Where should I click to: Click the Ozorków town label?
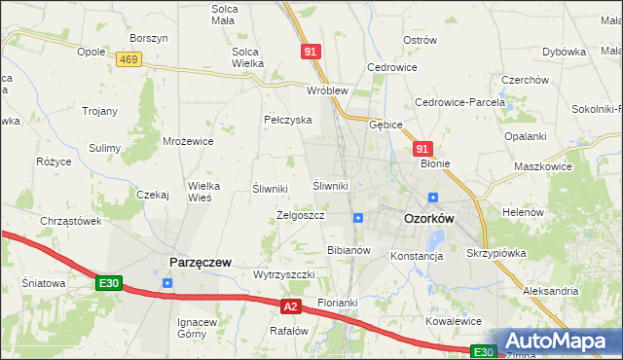(429, 219)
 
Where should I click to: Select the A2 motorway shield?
(290, 306)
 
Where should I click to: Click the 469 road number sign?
(128, 59)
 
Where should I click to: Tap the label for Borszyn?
(149, 38)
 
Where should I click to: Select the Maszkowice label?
(542, 166)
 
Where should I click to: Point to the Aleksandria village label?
(551, 291)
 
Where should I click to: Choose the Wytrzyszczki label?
(283, 274)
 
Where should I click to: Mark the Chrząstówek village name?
(71, 221)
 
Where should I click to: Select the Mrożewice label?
(188, 141)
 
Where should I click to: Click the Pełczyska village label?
(287, 120)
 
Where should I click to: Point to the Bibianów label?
(348, 250)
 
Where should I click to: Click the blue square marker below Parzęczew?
(167, 283)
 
